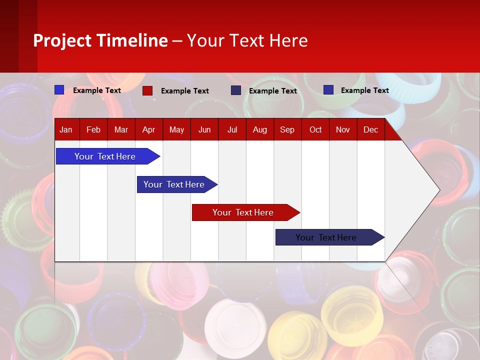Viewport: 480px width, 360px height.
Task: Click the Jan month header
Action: point(66,129)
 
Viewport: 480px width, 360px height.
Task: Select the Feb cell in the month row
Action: point(93,129)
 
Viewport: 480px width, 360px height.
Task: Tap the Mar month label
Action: point(121,129)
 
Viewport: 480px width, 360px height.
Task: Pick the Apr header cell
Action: point(148,129)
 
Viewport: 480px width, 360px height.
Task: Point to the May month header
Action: point(176,129)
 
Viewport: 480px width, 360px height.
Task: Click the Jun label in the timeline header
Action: point(204,129)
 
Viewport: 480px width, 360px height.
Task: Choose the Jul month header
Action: point(232,129)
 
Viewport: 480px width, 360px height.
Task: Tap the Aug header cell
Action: point(259,129)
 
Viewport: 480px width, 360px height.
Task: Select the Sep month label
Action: point(287,129)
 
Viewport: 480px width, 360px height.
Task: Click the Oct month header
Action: point(315,129)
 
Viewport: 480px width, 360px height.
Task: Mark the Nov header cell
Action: point(343,129)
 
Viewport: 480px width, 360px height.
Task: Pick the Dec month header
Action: point(370,129)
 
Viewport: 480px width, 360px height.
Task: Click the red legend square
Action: point(147,90)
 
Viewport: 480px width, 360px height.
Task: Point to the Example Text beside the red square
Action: point(184,91)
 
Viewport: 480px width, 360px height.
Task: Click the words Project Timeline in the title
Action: point(100,40)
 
